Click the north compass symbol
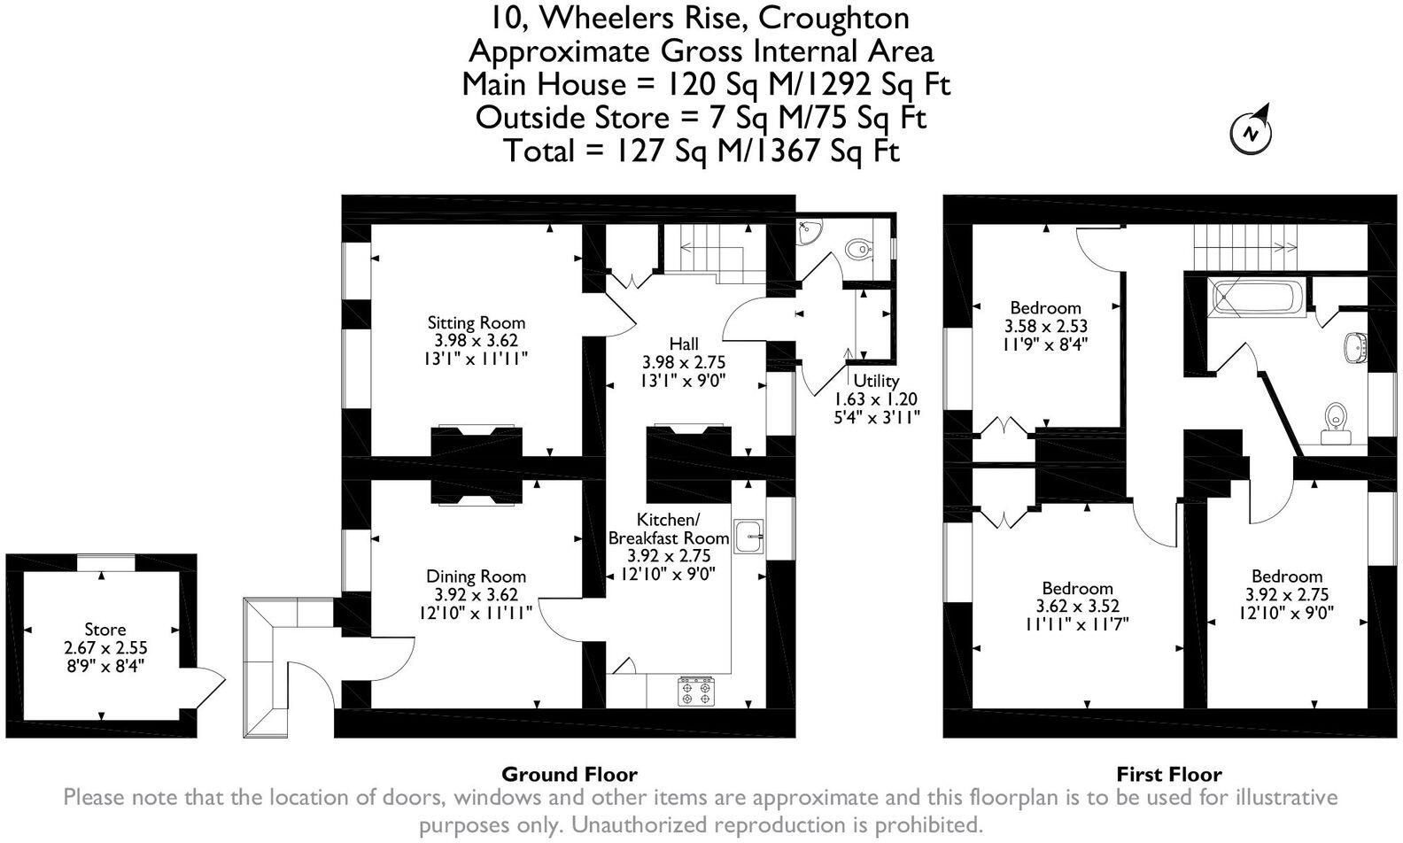click(x=1251, y=131)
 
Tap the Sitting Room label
click(x=476, y=322)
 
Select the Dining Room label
click(x=476, y=576)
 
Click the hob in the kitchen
click(x=695, y=691)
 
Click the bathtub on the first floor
click(x=1259, y=298)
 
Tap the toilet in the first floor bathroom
click(x=1335, y=422)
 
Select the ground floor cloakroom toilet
click(x=857, y=248)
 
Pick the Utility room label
click(x=876, y=381)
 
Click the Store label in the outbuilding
click(x=105, y=630)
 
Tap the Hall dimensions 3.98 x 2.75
click(x=683, y=362)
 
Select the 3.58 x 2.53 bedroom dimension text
click(x=1046, y=326)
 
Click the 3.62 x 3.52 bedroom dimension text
click(x=1077, y=607)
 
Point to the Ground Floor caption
click(x=569, y=775)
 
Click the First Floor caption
click(x=1168, y=775)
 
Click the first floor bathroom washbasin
click(x=1354, y=347)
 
